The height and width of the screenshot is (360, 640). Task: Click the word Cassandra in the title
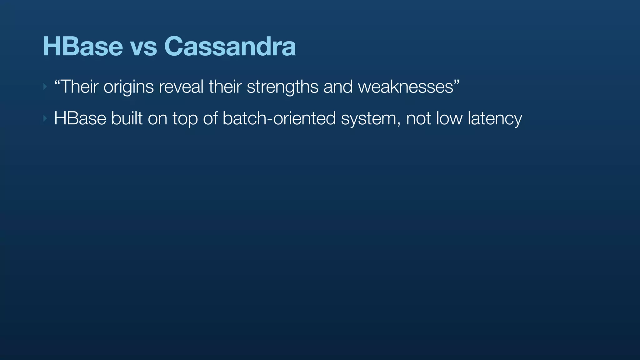(x=230, y=47)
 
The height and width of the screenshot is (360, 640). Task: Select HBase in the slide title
(x=82, y=47)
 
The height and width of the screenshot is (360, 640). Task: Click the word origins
(x=128, y=87)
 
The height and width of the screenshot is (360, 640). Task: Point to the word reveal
(x=181, y=87)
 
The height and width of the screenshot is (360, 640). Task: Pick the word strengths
(x=282, y=87)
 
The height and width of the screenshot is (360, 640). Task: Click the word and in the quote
(x=338, y=87)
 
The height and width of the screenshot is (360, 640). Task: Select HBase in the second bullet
(x=80, y=118)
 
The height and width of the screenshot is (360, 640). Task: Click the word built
(x=127, y=118)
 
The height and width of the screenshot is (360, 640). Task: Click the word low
(x=449, y=118)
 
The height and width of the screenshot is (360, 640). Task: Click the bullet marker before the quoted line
(x=45, y=87)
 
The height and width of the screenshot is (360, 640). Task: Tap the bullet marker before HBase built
(x=45, y=118)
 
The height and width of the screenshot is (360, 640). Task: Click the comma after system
(x=399, y=124)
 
